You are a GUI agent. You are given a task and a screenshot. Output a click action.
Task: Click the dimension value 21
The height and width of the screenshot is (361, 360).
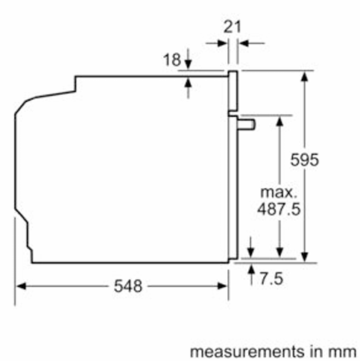coord(232,27)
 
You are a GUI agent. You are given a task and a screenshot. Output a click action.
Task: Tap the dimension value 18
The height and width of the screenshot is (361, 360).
coord(171,60)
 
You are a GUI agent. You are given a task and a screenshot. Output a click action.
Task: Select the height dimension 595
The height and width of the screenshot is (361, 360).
coord(304,160)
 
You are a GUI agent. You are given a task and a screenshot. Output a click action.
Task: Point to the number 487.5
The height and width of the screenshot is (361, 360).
coord(279,209)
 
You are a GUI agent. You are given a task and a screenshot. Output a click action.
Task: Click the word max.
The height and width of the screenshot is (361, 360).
coord(279,192)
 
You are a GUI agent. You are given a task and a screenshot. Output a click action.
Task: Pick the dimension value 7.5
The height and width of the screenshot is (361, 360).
coord(271,278)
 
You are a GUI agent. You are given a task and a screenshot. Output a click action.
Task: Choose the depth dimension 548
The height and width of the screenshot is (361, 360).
coord(128,286)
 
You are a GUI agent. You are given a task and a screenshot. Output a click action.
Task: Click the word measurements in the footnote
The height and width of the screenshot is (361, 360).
coord(247,352)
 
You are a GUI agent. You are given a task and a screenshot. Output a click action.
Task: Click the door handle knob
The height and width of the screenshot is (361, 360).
coord(246,125)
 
